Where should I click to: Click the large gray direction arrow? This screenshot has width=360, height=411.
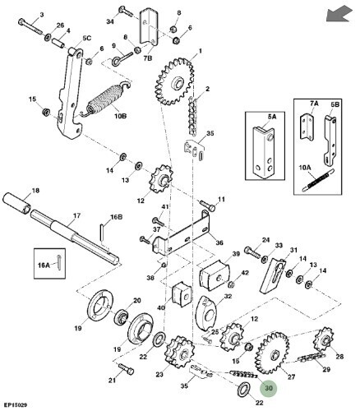click(x=336, y=14)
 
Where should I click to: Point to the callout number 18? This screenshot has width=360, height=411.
click(x=35, y=191)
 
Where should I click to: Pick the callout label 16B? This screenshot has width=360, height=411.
click(x=117, y=218)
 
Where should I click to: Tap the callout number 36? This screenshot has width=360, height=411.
click(x=218, y=242)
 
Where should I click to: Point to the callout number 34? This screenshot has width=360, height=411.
click(x=111, y=21)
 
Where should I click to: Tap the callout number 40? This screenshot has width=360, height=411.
click(x=162, y=308)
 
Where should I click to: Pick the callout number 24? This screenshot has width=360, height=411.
click(x=265, y=240)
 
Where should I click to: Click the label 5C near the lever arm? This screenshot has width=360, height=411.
click(x=86, y=39)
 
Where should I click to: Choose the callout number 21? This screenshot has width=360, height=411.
click(x=112, y=380)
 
